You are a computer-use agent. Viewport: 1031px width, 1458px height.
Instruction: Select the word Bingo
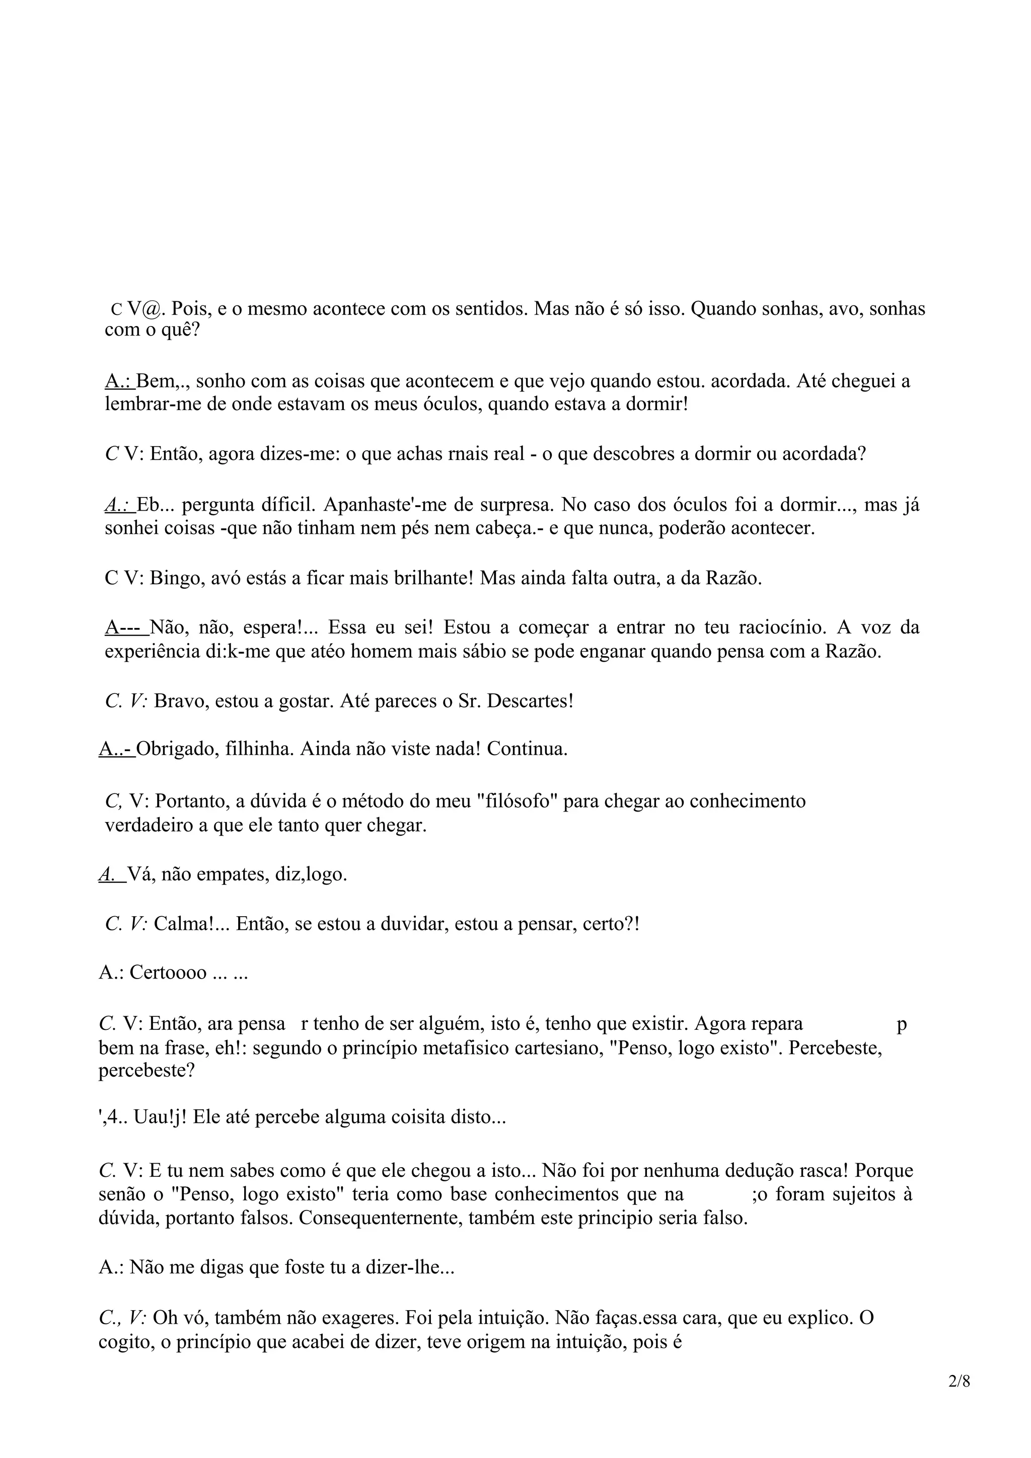[x=177, y=579]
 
